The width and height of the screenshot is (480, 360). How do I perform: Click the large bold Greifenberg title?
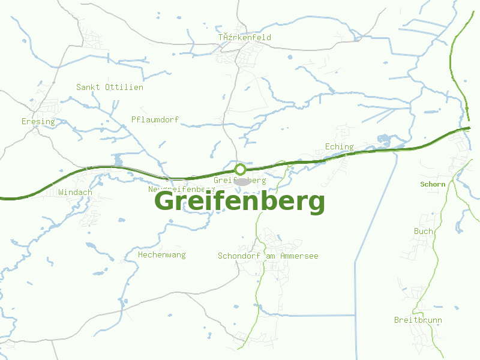point(240,202)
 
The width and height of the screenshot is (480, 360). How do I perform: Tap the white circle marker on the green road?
point(240,169)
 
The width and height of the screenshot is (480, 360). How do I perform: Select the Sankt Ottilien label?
point(110,88)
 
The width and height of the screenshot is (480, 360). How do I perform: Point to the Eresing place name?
point(38,122)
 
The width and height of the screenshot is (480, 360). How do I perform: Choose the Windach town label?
point(76,193)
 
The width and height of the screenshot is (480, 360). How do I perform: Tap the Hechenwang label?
point(162,255)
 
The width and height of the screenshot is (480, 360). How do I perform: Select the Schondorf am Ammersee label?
point(268,256)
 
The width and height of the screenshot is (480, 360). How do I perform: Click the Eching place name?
point(339,147)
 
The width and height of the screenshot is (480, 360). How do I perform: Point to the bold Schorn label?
point(433,184)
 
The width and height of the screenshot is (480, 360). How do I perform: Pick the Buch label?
point(423,232)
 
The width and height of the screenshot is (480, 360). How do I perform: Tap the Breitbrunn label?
point(418,320)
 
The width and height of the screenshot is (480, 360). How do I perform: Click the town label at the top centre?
point(245,38)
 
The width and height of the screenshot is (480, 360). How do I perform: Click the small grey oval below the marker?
point(241,181)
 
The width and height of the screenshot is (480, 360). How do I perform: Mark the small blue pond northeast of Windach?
point(117,160)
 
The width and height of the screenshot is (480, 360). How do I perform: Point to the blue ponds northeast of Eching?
point(384,140)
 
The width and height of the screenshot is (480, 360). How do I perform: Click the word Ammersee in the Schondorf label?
point(299,256)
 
